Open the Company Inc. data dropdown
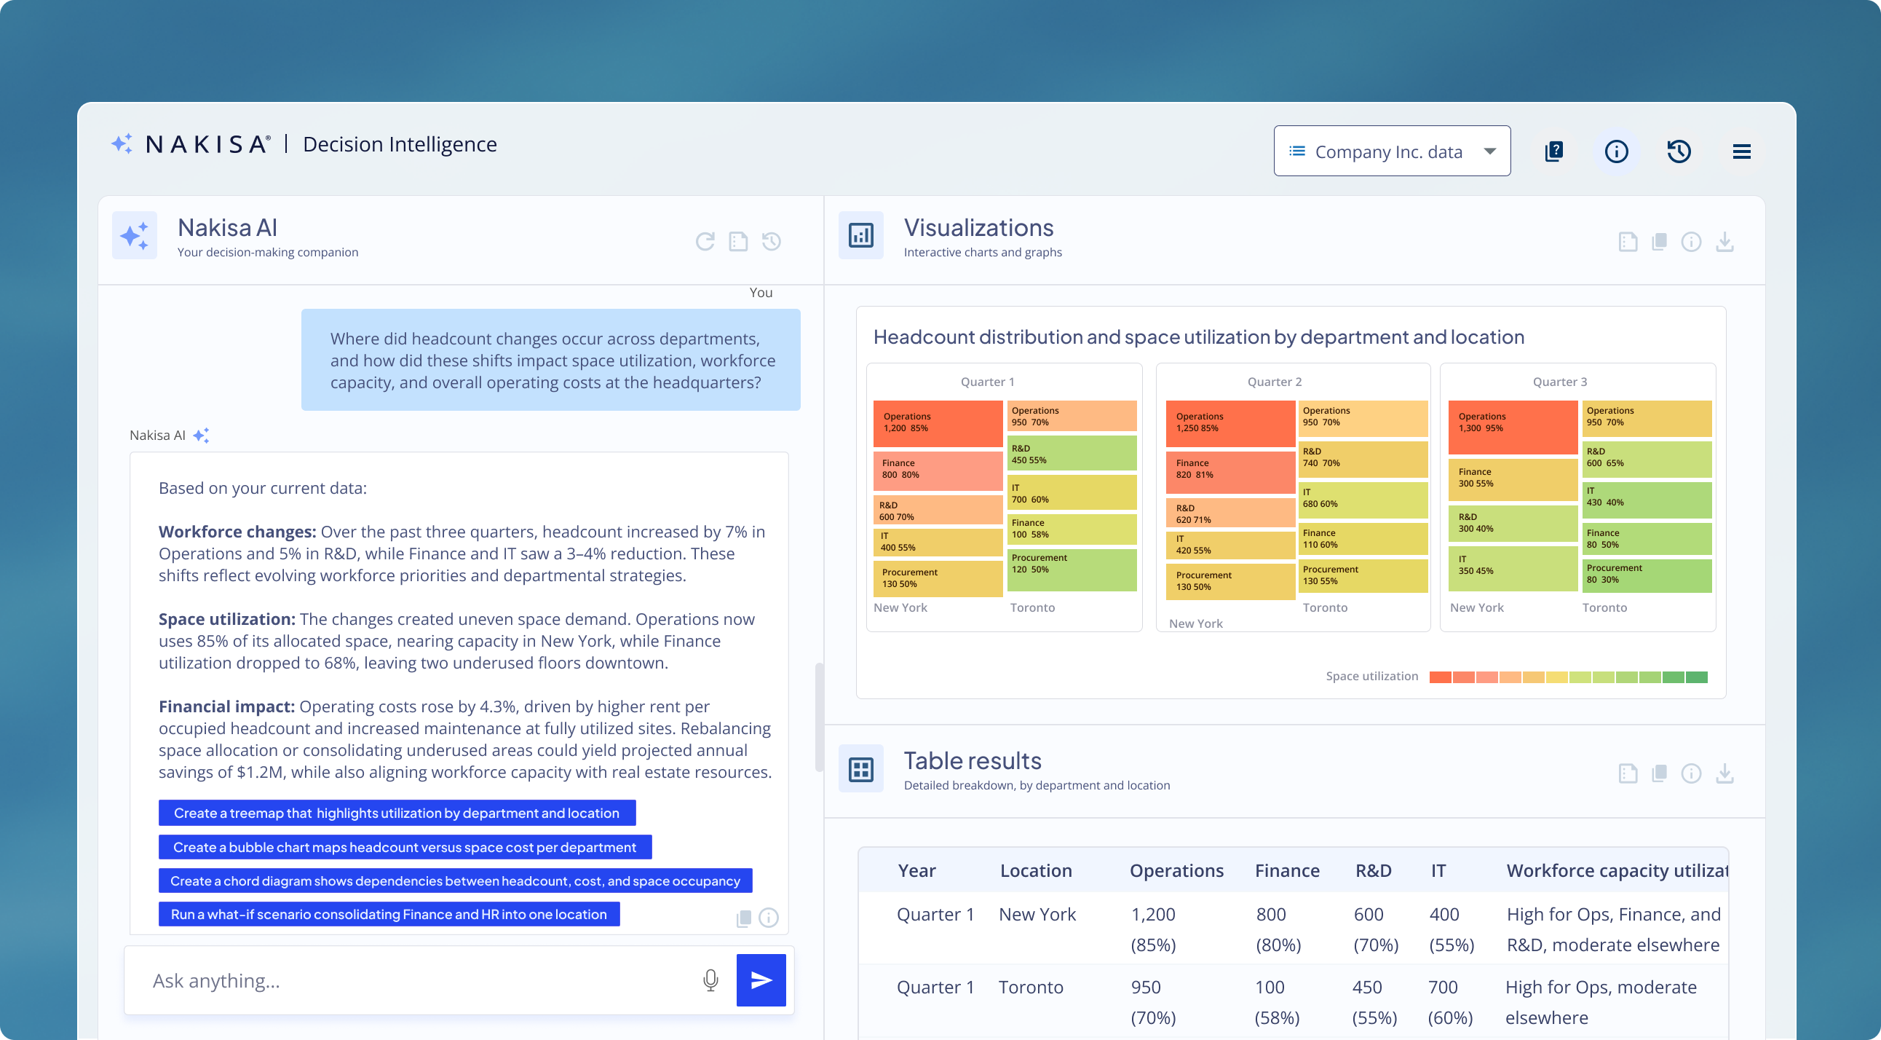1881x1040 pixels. [1392, 151]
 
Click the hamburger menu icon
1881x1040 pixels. [1741, 151]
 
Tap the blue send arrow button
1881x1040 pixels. [761, 980]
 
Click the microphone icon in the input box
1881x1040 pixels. [710, 980]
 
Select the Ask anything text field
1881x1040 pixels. [416, 980]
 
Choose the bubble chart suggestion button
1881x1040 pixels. [405, 847]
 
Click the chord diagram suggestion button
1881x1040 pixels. [455, 881]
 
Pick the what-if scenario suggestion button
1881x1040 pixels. [389, 915]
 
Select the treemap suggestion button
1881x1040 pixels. [397, 813]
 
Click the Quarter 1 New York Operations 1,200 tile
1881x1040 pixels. [938, 423]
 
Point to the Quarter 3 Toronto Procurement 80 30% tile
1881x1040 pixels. [1647, 575]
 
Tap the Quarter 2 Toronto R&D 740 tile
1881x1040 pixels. [1363, 459]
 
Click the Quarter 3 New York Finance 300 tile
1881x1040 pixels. [1512, 479]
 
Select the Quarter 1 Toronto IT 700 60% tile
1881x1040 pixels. [1072, 493]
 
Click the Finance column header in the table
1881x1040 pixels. [1286, 870]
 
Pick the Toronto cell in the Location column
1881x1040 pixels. [1030, 988]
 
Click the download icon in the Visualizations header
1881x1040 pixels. [1724, 242]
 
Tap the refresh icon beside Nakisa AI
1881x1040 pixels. [705, 241]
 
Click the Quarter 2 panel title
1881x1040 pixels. [1274, 382]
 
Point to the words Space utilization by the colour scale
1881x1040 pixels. [1371, 677]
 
